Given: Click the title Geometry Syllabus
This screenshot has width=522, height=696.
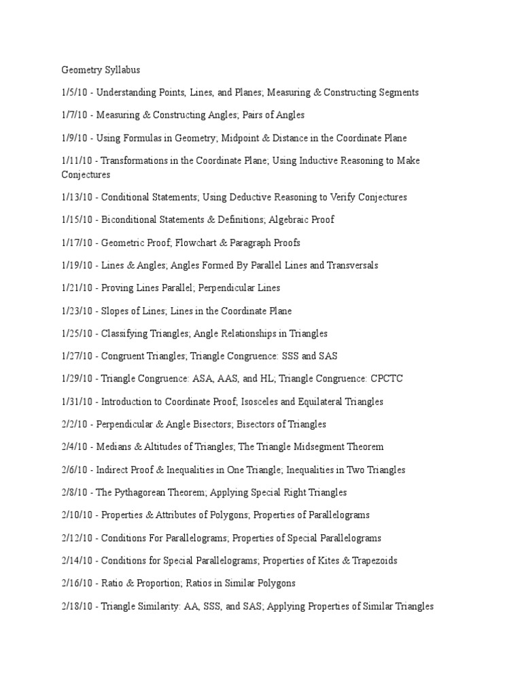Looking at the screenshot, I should tap(100, 69).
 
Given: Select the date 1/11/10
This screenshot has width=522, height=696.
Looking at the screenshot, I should tap(76, 160).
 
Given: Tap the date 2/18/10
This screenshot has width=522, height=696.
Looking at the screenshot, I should tap(76, 606).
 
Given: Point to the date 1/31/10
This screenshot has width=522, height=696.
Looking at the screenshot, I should tap(76, 402).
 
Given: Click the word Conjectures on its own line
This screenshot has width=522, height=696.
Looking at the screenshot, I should tap(86, 175).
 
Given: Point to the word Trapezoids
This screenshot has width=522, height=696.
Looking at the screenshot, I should tap(375, 561).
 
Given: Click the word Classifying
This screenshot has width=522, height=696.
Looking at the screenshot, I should tap(126, 334).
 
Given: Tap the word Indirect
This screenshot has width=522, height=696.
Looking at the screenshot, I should tap(114, 470).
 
